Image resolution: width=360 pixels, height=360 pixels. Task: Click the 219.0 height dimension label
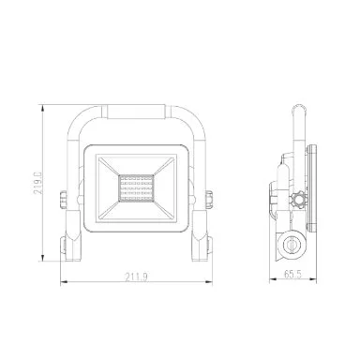click(38, 183)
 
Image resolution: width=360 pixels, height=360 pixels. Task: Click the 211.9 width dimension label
click(137, 277)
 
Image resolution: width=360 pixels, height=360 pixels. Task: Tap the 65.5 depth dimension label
click(292, 275)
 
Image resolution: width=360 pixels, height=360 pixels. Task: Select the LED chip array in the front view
click(136, 188)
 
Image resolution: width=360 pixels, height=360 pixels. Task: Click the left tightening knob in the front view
click(63, 200)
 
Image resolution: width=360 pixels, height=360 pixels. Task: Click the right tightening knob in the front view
click(209, 200)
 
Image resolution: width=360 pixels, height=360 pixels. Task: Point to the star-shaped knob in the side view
click(298, 200)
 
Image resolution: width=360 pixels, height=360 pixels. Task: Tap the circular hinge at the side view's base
click(292, 244)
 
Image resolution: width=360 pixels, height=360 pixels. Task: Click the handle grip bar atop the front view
click(136, 112)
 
